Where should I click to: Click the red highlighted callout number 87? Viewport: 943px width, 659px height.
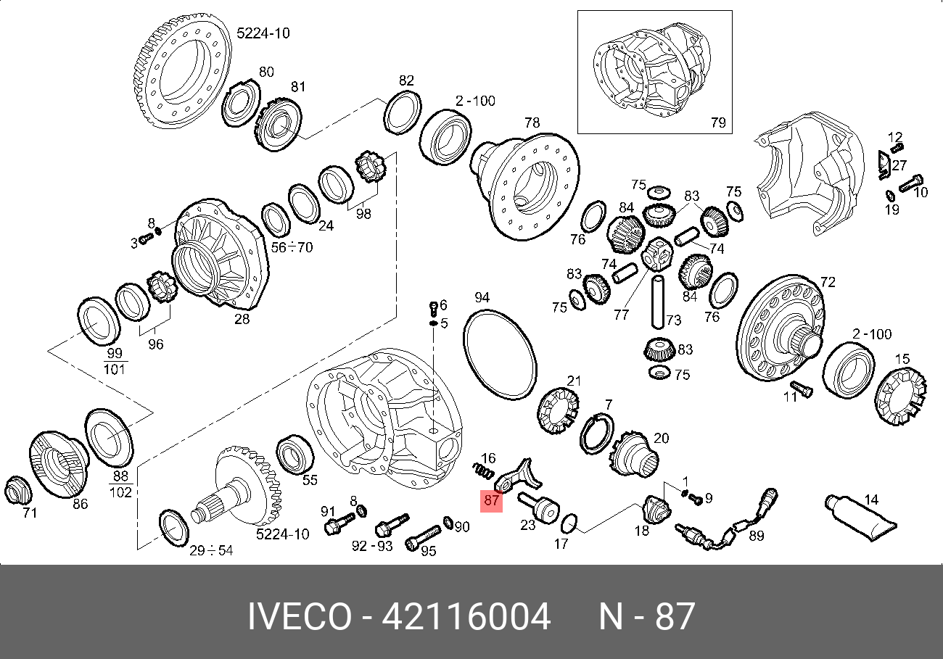pos(491,501)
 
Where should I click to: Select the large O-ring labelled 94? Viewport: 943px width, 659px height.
pos(500,355)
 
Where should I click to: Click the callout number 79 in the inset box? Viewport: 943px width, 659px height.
pos(718,123)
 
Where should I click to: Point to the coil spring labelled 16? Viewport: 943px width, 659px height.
pos(482,471)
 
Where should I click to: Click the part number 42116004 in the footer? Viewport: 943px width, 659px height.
pos(466,616)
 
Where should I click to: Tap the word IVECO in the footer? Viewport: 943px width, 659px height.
pos(300,616)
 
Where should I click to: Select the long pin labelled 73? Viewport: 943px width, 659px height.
pos(658,302)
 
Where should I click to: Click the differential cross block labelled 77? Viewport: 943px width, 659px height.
pos(656,254)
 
